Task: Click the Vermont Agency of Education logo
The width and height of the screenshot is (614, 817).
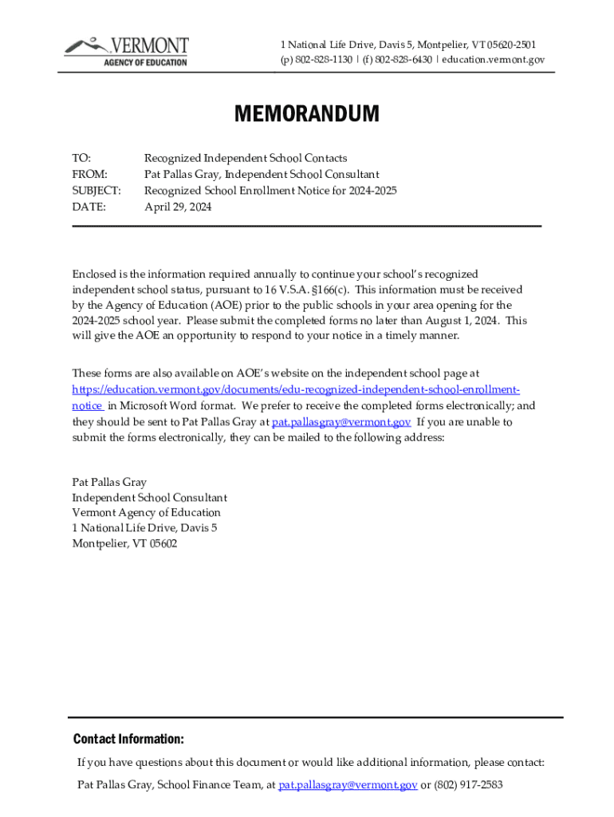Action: pos(127,50)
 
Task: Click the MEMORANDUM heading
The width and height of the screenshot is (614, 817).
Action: pos(307,115)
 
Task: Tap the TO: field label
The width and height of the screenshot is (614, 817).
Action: pos(81,159)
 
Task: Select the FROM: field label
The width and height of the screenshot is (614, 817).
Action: pos(89,175)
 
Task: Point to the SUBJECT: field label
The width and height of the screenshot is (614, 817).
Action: pos(96,191)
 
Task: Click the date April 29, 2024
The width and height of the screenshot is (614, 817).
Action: pos(178,207)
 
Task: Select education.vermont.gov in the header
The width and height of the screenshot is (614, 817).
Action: pos(494,60)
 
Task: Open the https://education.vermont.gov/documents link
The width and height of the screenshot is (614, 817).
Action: pos(296,389)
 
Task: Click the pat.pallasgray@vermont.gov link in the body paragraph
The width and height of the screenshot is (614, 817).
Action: pos(341,421)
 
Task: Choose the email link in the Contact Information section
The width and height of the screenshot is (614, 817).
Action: pos(348,784)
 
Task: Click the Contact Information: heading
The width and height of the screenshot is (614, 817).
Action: pos(128,739)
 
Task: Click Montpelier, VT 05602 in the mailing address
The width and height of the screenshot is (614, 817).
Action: pos(124,543)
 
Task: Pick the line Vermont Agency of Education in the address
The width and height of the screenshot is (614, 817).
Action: pos(147,512)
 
